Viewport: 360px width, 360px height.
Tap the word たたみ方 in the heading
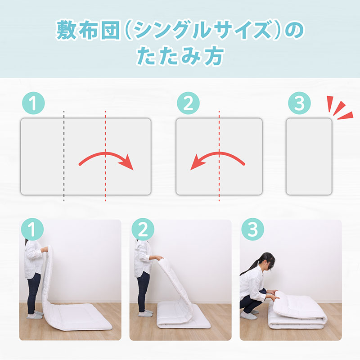(180, 55)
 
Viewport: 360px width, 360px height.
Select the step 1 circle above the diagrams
(33, 103)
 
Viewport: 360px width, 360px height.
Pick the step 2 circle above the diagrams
(188, 103)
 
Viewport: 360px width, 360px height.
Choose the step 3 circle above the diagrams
(299, 103)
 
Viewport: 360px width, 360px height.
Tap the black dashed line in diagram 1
(64, 156)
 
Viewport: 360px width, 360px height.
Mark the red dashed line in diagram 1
(105, 156)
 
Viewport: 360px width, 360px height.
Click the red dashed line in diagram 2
(219, 156)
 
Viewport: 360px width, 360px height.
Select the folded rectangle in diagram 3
(309, 157)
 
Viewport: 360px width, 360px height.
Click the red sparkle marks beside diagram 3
(340, 108)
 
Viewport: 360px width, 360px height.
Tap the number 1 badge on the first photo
(32, 229)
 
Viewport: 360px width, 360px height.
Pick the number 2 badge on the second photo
(143, 229)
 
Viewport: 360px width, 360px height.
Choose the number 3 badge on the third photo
(253, 229)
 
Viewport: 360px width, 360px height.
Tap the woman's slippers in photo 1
(35, 315)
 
